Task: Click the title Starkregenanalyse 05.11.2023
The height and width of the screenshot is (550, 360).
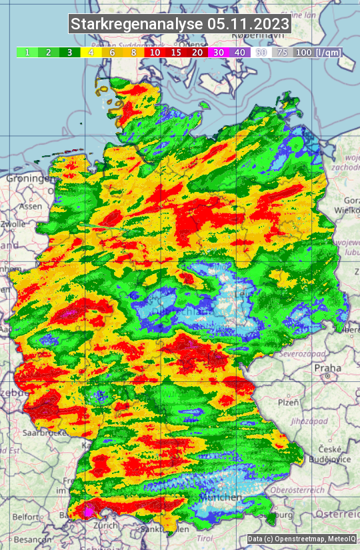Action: click(180, 25)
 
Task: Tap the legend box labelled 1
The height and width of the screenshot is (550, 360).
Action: click(27, 52)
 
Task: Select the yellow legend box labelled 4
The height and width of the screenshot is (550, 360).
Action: click(91, 52)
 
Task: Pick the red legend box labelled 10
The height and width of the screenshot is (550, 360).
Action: click(155, 52)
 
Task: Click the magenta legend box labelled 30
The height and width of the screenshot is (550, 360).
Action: click(219, 52)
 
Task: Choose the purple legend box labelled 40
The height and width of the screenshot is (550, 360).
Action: click(240, 52)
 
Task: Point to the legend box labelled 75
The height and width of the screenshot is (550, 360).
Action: click(283, 52)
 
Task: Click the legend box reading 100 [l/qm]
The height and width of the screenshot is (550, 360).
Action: click(317, 52)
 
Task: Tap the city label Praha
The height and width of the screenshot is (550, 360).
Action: click(327, 367)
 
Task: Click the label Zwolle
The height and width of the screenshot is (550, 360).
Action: click(13, 224)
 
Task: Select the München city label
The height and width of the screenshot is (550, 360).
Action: click(223, 498)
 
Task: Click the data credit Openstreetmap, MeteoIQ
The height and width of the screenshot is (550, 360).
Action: click(301, 539)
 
